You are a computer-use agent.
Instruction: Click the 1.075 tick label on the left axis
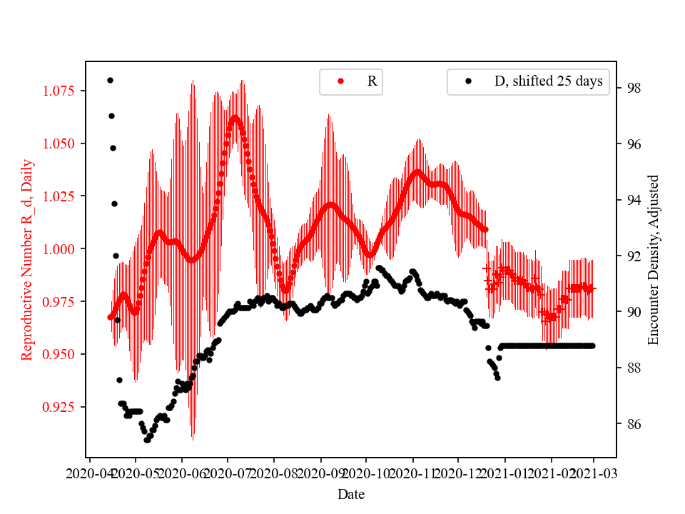(61, 91)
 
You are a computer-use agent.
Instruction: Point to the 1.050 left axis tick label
(61, 143)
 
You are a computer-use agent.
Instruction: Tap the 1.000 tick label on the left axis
(61, 249)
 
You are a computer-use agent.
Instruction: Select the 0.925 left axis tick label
(61, 407)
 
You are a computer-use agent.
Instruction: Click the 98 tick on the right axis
(631, 89)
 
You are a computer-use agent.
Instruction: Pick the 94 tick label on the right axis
(631, 200)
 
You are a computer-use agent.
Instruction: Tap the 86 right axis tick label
(631, 424)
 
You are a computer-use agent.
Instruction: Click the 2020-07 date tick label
(228, 473)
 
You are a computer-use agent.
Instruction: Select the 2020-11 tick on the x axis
(412, 473)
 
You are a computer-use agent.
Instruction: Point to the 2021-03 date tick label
(594, 473)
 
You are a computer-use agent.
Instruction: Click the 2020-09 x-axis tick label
(320, 473)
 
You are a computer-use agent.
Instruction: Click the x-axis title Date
(351, 493)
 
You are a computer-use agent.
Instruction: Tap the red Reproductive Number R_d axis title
(27, 259)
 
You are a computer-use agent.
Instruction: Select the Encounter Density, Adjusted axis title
(653, 259)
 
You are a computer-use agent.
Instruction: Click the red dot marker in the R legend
(340, 81)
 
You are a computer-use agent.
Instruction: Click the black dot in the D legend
(468, 81)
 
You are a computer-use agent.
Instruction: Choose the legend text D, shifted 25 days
(549, 81)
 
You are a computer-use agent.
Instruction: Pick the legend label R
(372, 81)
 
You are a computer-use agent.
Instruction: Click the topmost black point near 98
(110, 80)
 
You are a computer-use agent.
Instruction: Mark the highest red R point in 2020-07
(235, 116)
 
